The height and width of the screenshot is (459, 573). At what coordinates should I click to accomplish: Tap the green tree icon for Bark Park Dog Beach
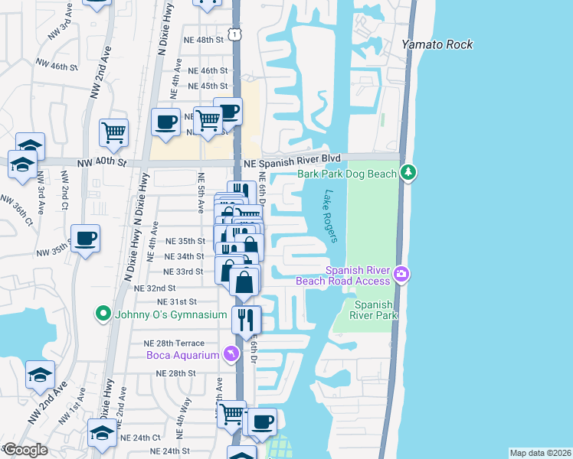coord(410,173)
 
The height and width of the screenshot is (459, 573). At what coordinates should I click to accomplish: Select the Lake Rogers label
coord(330,216)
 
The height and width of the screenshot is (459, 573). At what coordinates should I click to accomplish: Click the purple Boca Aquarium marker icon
coord(228,353)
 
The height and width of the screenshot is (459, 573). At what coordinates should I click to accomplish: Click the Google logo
coord(25,450)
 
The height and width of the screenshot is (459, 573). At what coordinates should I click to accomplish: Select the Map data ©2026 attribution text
coord(540,453)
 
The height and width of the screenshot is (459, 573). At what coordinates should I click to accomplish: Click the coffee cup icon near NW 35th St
coord(85,237)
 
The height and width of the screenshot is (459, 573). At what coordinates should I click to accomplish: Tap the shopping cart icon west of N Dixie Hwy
coord(113,132)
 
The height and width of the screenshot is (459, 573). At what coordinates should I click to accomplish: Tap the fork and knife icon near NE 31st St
coord(246,319)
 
